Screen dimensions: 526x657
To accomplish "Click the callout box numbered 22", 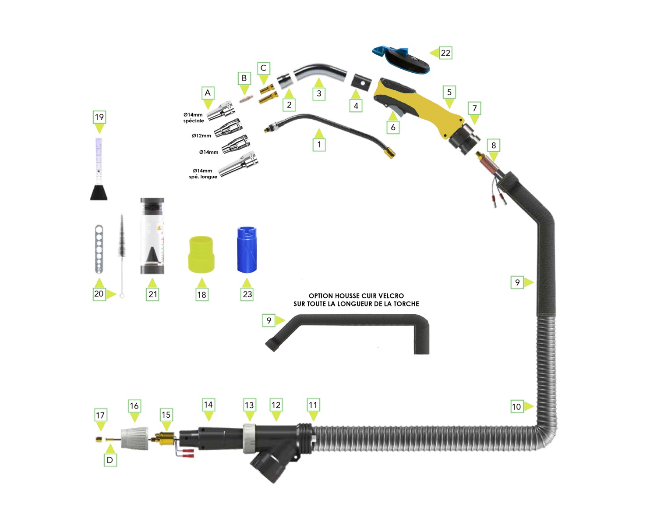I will click(x=445, y=53).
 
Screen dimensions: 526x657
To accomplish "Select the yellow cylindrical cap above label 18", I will click(x=201, y=255).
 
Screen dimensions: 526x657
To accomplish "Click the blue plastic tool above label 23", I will click(x=247, y=250).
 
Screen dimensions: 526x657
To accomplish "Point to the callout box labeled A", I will click(x=208, y=92).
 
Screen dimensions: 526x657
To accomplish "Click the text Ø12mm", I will click(x=201, y=135).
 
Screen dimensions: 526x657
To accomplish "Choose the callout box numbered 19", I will click(x=99, y=117).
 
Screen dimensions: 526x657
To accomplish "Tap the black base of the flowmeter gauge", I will click(x=99, y=192).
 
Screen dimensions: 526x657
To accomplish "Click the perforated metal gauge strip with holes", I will click(x=99, y=249).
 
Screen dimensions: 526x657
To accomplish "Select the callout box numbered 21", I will click(x=153, y=294).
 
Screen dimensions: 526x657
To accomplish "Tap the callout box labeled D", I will click(x=110, y=460).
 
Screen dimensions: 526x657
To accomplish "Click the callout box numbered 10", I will click(x=517, y=406).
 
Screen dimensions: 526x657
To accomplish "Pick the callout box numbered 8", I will click(x=494, y=145).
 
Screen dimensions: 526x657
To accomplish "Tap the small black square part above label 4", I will click(x=362, y=81).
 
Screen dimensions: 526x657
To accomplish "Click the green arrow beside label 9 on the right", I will click(x=529, y=282).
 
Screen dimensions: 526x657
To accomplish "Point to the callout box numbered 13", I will click(x=249, y=405).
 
